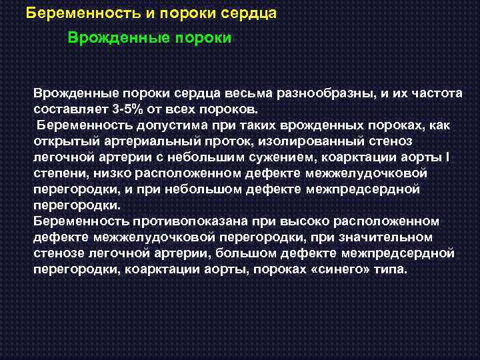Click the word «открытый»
click(62, 141)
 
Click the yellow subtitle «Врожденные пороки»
click(149, 38)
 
